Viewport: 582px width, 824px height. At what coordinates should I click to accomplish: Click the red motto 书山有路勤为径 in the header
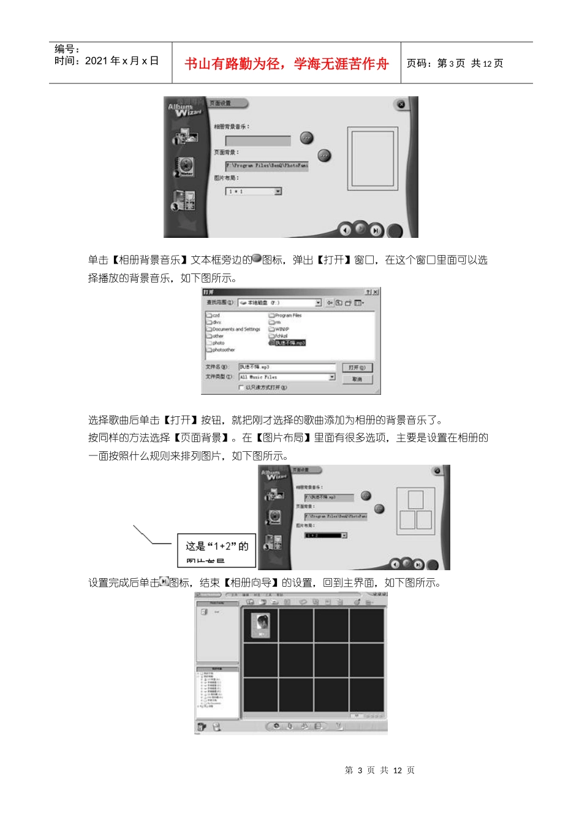[286, 64]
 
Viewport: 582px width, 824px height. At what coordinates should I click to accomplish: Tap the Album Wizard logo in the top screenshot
[184, 110]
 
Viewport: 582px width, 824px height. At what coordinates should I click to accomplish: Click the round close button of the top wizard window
[401, 104]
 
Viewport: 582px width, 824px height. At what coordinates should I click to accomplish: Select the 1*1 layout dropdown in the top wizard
[253, 192]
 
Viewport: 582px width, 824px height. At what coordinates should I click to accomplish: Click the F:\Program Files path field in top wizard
[266, 166]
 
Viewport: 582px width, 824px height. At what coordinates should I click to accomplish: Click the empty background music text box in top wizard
[258, 140]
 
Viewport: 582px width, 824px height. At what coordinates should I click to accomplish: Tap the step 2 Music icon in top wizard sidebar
[184, 166]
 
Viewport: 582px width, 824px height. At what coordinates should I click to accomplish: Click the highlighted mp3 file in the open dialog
[289, 343]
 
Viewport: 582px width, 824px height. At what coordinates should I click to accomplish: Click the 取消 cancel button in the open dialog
[357, 379]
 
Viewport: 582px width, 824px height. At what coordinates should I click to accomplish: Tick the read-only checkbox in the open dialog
[241, 387]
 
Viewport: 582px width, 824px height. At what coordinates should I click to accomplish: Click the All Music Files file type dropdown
[286, 377]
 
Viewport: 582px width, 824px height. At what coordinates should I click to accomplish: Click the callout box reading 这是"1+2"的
[217, 549]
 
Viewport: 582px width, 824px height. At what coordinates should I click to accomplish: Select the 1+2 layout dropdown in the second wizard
[325, 535]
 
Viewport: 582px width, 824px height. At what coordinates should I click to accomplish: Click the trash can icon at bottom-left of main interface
[202, 727]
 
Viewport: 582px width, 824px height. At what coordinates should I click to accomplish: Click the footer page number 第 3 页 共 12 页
[379, 770]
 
